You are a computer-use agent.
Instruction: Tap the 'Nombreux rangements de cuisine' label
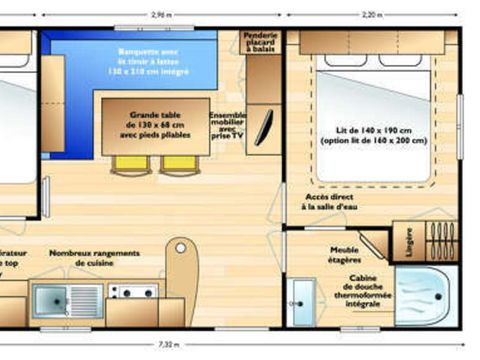pyautogui.click(x=94, y=259)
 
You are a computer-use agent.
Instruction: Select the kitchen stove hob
pyautogui.click(x=132, y=293)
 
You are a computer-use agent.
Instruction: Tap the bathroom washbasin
pyautogui.click(x=300, y=298)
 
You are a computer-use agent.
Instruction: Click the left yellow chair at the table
pyautogui.click(x=129, y=162)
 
